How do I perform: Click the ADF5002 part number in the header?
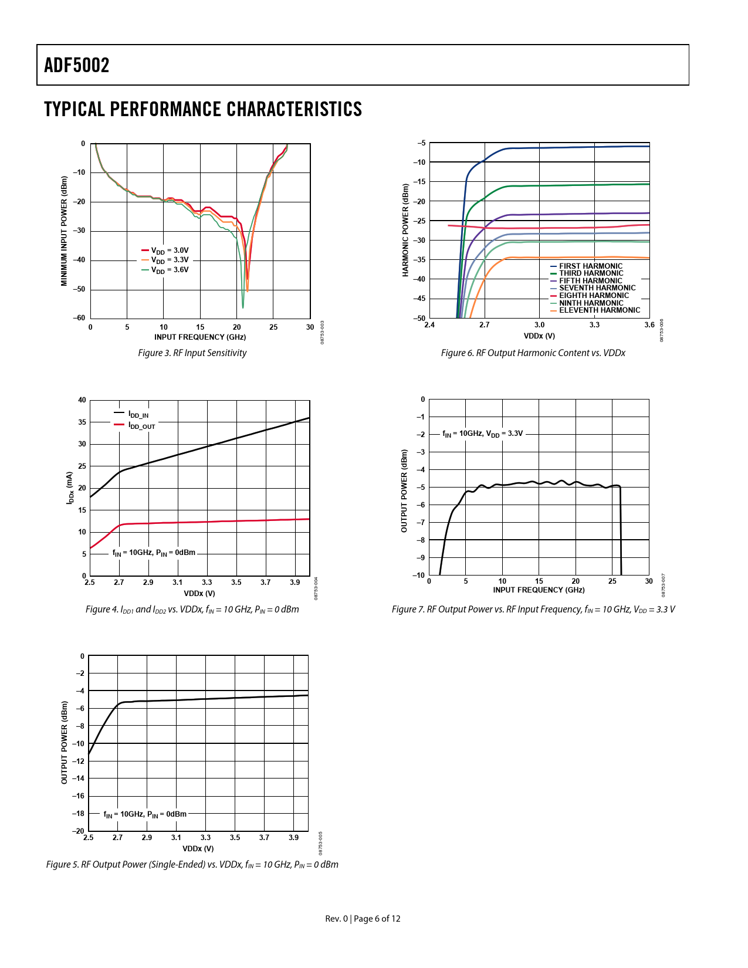pos(77,65)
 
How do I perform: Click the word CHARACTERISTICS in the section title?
pos(294,110)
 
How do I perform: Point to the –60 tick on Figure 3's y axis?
pos(79,318)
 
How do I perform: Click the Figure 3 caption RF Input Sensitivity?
pos(192,353)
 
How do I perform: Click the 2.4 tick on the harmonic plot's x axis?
pos(429,325)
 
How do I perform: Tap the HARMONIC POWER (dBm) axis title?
pos(405,231)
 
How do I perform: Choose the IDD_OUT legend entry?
pos(141,426)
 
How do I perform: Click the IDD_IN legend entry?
pos(138,415)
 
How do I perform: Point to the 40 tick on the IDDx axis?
pos(82,400)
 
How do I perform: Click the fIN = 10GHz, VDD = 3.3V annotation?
pos(482,434)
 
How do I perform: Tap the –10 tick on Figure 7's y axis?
pos(419,575)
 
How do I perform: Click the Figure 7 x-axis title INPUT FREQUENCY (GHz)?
pos(539,590)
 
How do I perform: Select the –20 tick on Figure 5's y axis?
pos(78,831)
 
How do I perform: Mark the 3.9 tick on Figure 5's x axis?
pos(294,838)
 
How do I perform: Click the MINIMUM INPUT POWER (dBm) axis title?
pos(64,231)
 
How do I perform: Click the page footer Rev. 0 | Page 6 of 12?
pos(363,919)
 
